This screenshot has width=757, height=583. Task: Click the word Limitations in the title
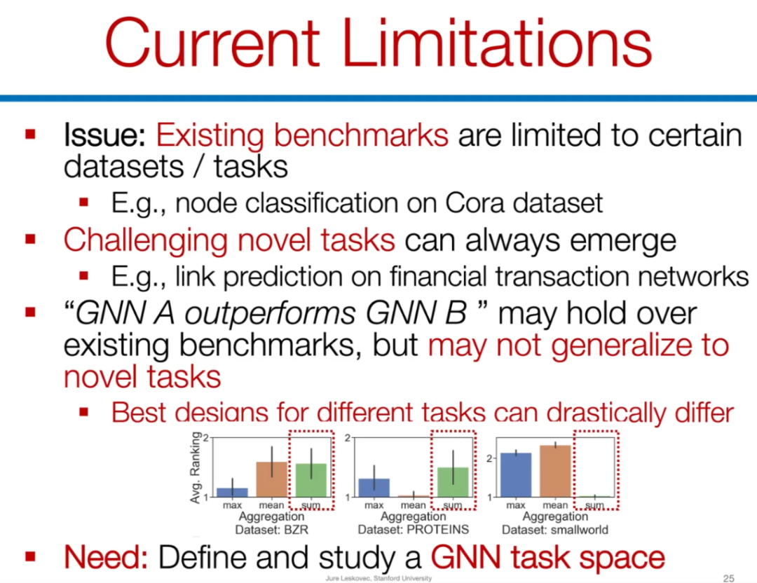pos(497,43)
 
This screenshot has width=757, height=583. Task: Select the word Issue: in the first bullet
pos(104,135)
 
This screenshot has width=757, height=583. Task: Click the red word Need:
pos(105,557)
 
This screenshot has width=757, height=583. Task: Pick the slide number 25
pos(728,577)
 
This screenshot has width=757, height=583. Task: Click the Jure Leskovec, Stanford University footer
pos(378,578)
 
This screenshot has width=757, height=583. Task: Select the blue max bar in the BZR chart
pos(232,493)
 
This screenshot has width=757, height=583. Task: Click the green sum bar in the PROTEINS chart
pos(453,482)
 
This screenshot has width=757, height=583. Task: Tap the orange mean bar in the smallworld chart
pos(555,471)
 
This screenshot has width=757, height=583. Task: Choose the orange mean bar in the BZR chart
pos(272,479)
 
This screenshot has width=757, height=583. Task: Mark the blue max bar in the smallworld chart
pos(516,475)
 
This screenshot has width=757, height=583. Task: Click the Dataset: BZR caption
pos(271,530)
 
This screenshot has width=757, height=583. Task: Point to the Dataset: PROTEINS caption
pos(414,530)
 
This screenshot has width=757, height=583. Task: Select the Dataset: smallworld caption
pos(554,530)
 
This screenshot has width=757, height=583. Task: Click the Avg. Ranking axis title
pos(196,467)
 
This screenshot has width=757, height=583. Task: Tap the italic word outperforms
pos(271,314)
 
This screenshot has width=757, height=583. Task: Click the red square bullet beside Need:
pos(30,557)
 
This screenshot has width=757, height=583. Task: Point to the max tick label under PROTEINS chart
pos(374,505)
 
